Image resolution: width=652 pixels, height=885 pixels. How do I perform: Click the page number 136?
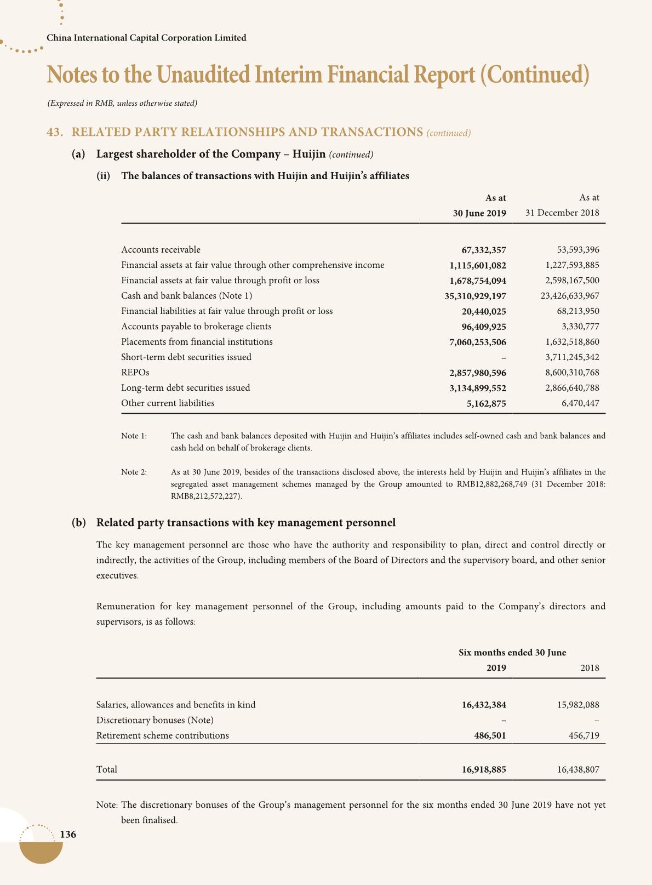(x=68, y=835)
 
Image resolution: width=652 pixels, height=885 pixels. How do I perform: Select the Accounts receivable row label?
(x=161, y=250)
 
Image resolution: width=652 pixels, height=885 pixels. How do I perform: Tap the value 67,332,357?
(x=484, y=250)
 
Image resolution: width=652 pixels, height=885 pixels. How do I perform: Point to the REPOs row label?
(x=135, y=373)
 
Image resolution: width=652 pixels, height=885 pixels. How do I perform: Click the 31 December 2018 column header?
(x=562, y=213)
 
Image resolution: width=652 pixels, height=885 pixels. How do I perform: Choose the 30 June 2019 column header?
(x=479, y=213)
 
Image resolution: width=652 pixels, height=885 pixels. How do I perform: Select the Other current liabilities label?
(x=168, y=403)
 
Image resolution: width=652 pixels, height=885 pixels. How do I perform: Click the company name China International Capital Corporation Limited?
(x=146, y=38)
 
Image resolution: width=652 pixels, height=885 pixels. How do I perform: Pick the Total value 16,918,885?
(x=484, y=769)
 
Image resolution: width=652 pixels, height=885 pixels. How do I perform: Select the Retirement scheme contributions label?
(x=163, y=735)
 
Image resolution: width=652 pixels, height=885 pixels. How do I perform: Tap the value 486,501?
(x=490, y=735)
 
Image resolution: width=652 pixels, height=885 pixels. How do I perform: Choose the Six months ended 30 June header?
(x=512, y=652)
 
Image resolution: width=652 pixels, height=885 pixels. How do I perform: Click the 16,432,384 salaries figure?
(x=484, y=705)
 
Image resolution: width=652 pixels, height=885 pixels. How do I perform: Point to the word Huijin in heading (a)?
(x=309, y=153)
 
